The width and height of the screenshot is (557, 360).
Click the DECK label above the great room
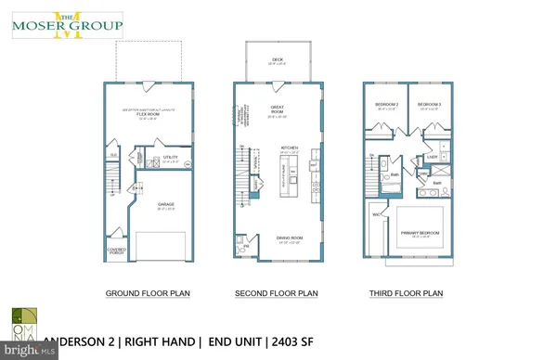(x=274, y=61)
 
